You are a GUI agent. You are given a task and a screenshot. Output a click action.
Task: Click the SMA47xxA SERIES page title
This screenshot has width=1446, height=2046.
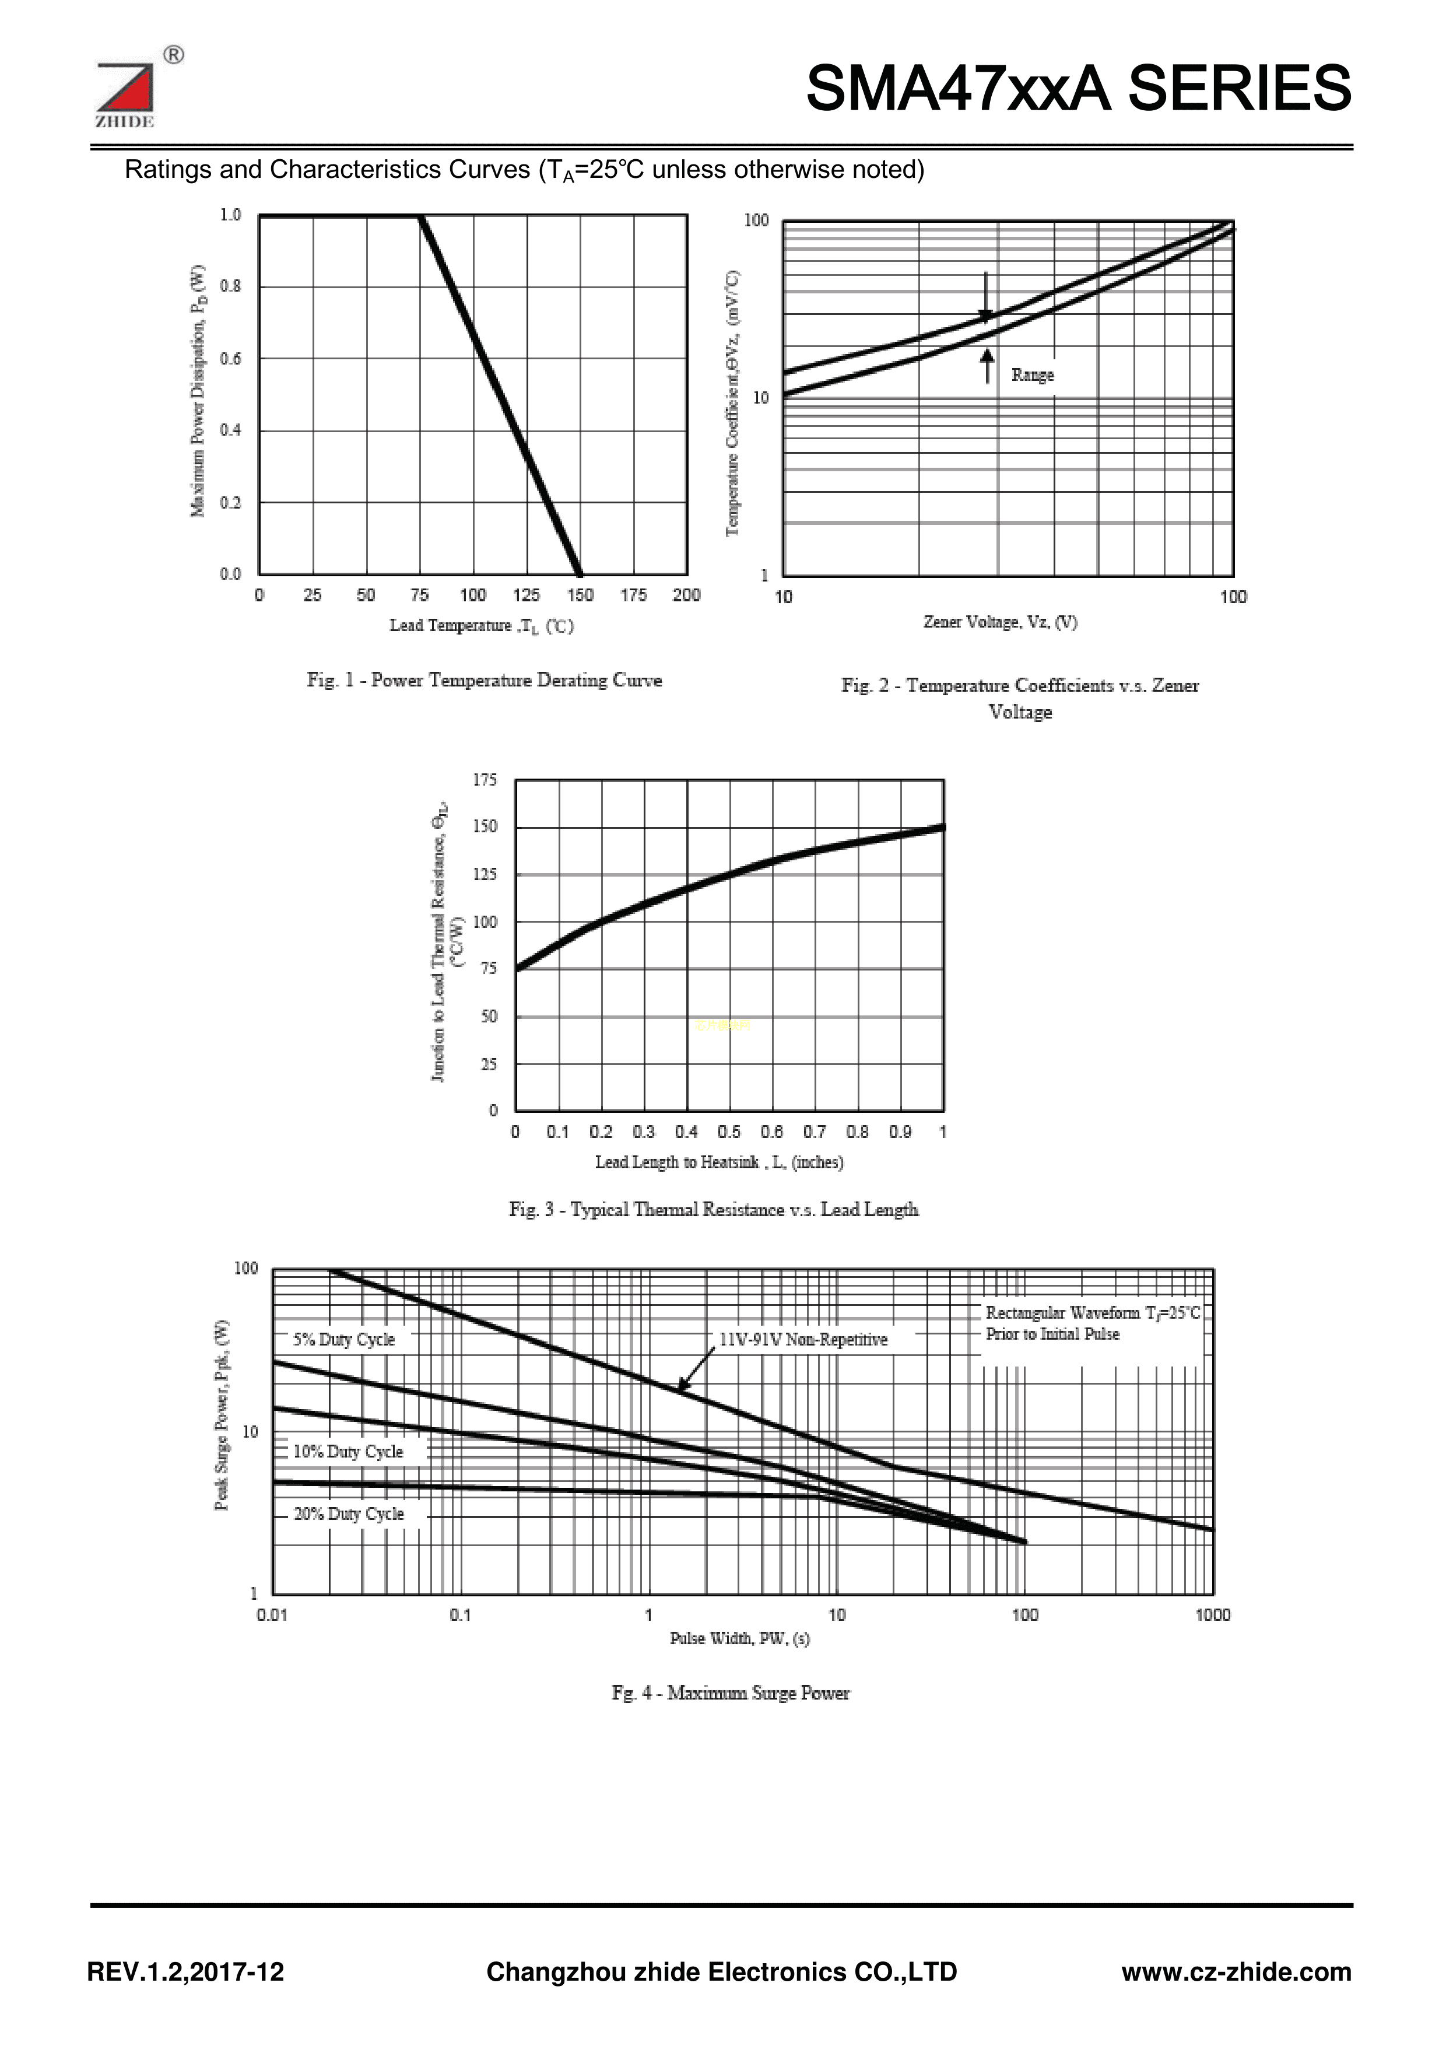tap(1078, 89)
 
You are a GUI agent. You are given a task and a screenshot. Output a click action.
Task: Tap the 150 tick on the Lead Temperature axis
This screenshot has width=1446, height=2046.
tap(580, 595)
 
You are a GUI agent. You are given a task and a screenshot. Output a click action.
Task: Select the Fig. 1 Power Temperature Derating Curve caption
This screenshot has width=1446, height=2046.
tap(485, 681)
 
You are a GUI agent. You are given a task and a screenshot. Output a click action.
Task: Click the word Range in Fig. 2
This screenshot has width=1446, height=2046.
tap(1033, 375)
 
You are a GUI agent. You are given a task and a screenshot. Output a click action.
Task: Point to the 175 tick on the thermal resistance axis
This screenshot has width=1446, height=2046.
tap(486, 780)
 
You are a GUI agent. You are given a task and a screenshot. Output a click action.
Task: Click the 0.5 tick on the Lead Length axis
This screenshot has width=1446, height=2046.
tap(729, 1131)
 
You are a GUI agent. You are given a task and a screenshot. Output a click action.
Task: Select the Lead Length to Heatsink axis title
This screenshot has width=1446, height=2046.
tap(719, 1162)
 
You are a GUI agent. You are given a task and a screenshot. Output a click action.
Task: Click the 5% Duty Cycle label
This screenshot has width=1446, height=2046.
tap(344, 1339)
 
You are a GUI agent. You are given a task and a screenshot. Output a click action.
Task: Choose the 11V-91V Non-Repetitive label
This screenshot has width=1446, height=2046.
tap(803, 1339)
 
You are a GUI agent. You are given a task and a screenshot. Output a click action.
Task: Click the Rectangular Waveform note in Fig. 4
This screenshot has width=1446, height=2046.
tap(1092, 1323)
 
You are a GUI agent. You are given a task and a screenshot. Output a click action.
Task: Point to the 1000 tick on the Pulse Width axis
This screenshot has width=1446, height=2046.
tap(1213, 1615)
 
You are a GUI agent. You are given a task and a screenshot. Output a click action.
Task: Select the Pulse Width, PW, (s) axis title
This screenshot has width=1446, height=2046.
tap(739, 1638)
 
